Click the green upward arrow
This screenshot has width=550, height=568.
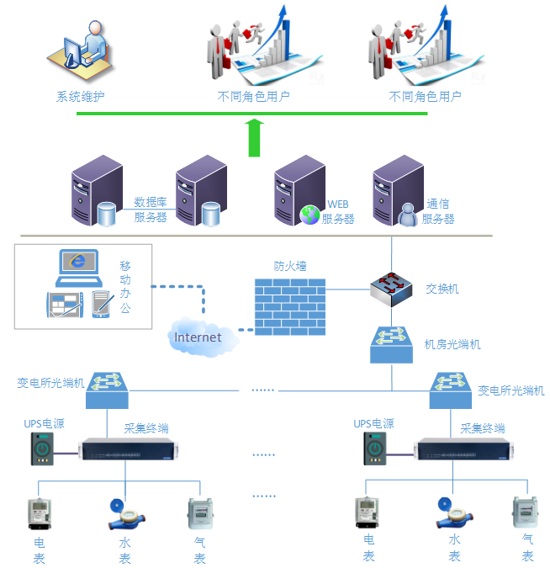256,138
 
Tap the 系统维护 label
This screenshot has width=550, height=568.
81,97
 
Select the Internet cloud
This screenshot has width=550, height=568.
198,337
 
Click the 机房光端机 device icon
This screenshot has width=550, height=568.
393,344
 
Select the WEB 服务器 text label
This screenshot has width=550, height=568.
338,211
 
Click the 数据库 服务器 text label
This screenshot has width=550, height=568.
151,210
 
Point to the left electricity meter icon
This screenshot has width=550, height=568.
39,512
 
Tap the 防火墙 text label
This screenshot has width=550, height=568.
290,265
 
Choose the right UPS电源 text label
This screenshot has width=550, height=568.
373,424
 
